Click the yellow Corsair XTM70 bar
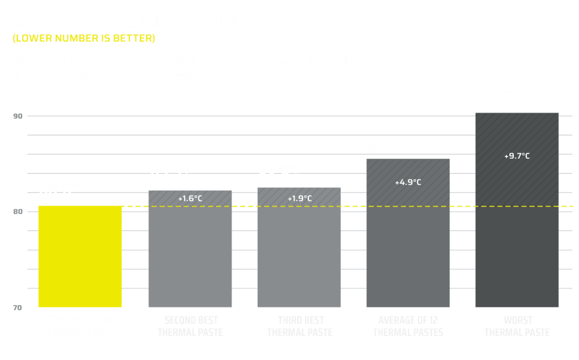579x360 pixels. click(x=81, y=256)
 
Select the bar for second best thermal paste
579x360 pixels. click(x=190, y=251)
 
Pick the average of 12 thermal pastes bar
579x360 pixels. click(x=408, y=234)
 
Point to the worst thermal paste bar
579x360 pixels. click(x=517, y=215)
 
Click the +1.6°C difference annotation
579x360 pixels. click(x=190, y=198)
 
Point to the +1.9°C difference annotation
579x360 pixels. click(x=299, y=198)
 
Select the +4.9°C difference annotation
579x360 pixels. click(x=408, y=182)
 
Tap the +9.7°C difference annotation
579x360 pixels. click(x=517, y=156)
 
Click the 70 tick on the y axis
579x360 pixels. click(x=18, y=307)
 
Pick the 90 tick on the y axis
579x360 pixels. click(x=18, y=117)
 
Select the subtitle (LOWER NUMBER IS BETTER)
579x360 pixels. click(x=84, y=38)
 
